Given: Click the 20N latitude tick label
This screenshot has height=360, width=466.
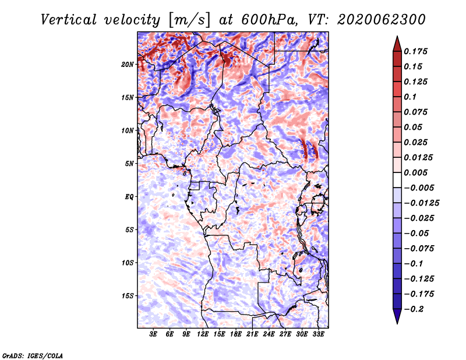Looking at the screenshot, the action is pos(127,64).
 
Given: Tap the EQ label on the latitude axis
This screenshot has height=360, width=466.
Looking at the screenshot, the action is pos(129,197).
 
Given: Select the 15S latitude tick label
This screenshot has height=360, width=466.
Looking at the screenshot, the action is pos(127,296).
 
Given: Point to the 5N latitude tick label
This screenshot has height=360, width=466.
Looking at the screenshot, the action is pos(129,164).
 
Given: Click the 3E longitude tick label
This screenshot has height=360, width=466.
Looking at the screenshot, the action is pos(153,334).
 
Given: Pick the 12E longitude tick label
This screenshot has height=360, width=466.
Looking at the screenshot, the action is pos(202,334).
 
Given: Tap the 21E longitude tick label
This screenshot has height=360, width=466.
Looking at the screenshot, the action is pos(252,334).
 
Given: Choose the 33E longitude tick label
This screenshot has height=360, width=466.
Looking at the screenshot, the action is pos(318,334).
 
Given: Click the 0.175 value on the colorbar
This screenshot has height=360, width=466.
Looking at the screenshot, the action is pos(415,51).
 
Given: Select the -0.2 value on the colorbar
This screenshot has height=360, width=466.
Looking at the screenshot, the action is pos(414,309).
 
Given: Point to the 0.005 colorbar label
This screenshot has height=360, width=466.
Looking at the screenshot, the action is pos(415,172).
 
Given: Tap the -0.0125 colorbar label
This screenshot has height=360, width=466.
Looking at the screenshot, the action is pos(421,203).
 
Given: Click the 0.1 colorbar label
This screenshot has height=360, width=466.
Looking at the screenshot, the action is pos(410,97).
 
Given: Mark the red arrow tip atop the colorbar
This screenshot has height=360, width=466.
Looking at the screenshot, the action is pos(397,36).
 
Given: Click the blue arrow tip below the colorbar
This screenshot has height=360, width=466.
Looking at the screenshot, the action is pos(397,323).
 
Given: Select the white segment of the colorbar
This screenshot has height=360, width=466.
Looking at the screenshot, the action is pos(397,180).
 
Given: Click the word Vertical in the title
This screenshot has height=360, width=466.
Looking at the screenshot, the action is pos(69,20).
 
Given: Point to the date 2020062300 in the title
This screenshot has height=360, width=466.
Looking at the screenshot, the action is pos(382,20).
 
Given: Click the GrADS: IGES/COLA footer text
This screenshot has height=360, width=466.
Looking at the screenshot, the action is pos(32,355).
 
